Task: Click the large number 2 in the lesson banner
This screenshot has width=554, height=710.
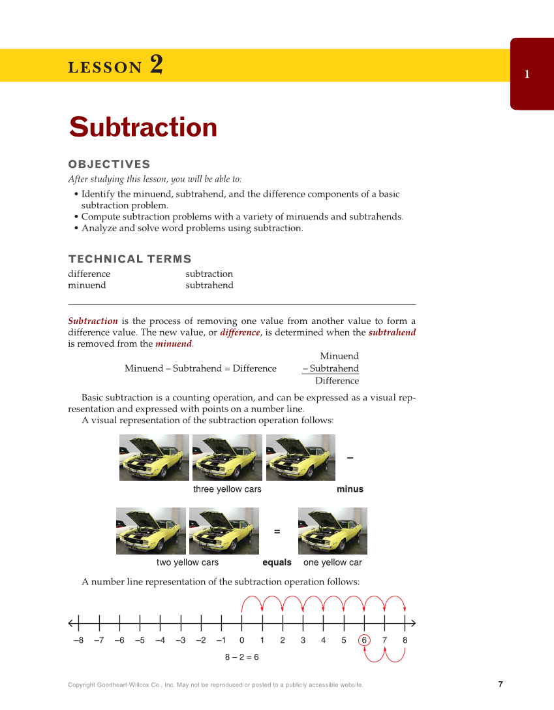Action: pos(156,65)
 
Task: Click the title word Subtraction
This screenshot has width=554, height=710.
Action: pos(143,127)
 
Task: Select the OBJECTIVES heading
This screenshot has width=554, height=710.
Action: pos(109,165)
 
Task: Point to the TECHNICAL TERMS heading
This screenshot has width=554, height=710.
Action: pos(130,259)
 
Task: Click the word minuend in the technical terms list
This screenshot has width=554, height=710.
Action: pos(87,285)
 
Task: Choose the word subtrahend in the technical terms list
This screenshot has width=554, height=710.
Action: pos(209,285)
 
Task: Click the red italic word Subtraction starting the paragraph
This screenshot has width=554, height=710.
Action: pos(93,321)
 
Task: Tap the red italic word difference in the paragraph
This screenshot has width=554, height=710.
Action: pos(239,332)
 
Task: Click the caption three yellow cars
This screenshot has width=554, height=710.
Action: pos(227,489)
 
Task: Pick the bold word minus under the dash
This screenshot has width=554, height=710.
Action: pos(350,489)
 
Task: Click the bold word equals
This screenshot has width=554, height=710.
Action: pos(277,562)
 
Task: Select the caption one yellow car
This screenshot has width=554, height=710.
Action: pos(332,562)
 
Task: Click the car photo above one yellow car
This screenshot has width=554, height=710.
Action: pos(332,531)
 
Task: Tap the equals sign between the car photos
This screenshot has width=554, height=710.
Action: pos(277,532)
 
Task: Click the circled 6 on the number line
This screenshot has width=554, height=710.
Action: pos(364,640)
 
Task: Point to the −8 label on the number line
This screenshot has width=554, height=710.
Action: pos(78,640)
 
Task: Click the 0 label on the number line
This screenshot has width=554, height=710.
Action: pos(241,640)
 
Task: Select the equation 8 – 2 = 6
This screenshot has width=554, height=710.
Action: pos(241,657)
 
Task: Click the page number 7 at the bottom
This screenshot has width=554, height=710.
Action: pos(500,685)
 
